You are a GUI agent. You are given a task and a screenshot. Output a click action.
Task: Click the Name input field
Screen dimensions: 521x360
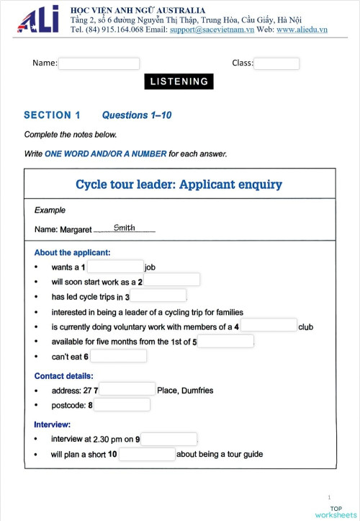tap(99, 63)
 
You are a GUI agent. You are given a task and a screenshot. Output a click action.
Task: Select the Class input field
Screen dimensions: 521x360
tap(276, 63)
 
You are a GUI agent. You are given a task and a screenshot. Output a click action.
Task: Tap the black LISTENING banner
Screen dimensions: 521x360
tap(179, 81)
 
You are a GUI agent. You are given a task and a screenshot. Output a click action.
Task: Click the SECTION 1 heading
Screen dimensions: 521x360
tap(53, 115)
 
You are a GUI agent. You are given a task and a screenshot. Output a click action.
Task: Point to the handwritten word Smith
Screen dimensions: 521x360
tap(125, 228)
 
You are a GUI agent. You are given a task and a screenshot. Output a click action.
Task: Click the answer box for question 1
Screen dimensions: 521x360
tap(115, 267)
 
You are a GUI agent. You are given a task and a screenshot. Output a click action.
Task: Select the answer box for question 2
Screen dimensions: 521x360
tap(171, 280)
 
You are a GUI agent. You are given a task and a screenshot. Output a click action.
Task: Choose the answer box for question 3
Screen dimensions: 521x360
tap(158, 296)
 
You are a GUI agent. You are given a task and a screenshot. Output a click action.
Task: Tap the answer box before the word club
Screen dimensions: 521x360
tap(269, 326)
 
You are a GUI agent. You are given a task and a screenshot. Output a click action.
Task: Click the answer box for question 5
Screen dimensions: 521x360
tap(225, 341)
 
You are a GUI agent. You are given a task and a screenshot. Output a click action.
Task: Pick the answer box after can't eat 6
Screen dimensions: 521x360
tap(119, 356)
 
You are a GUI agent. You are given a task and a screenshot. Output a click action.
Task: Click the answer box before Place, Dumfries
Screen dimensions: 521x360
tap(127, 390)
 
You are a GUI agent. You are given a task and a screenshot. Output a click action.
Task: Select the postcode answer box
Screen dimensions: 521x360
tap(122, 405)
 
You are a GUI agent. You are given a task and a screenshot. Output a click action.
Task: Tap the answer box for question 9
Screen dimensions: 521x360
tap(168, 439)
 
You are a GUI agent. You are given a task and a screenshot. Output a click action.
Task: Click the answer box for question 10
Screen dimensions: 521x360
tap(147, 454)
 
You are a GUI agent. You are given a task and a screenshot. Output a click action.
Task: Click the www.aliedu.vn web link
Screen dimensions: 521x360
tap(302, 30)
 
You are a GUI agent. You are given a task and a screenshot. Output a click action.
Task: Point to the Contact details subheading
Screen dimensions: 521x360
tap(63, 375)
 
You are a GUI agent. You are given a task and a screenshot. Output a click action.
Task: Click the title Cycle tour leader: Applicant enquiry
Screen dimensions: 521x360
tap(179, 184)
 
